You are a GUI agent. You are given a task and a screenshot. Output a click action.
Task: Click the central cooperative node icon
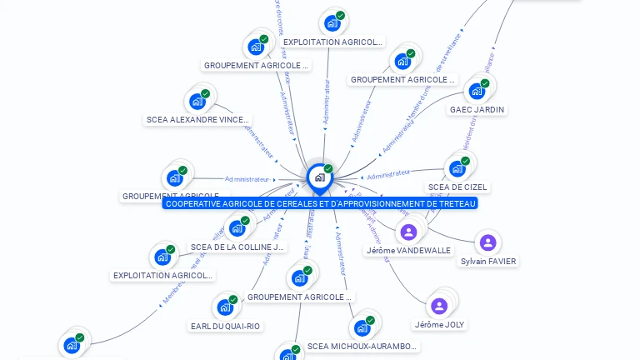(x=319, y=177)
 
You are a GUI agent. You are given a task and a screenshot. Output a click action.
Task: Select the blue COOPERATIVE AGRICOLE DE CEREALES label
(x=320, y=203)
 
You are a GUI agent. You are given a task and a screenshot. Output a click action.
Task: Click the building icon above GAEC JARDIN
(x=477, y=91)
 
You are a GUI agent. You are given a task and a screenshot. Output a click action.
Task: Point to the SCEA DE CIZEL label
(x=457, y=187)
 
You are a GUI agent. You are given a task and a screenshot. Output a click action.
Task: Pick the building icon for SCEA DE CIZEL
(x=457, y=168)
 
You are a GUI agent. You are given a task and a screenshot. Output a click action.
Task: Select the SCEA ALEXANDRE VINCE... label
(x=197, y=120)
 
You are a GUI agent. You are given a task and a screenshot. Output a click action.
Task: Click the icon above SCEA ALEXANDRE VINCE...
(x=197, y=102)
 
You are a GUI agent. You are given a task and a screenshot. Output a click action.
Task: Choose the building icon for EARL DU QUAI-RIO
(x=225, y=307)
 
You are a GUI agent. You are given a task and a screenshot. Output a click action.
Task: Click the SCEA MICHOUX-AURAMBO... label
(x=362, y=346)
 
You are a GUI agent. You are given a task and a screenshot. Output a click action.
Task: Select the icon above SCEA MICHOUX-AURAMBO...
(x=362, y=327)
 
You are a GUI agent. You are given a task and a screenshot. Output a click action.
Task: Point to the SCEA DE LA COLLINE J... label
(x=237, y=247)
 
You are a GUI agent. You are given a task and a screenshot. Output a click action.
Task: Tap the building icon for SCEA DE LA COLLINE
(x=237, y=227)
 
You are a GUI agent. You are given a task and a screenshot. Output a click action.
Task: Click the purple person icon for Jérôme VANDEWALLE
(x=408, y=232)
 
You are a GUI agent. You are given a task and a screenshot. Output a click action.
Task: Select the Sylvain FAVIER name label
(x=488, y=261)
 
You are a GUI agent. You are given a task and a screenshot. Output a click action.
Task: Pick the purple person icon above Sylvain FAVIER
(x=488, y=242)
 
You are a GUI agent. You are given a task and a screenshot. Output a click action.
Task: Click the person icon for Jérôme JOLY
(x=439, y=306)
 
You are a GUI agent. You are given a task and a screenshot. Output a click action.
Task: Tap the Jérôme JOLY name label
(x=439, y=324)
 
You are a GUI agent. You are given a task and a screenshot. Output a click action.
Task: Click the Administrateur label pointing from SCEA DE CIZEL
(x=388, y=173)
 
